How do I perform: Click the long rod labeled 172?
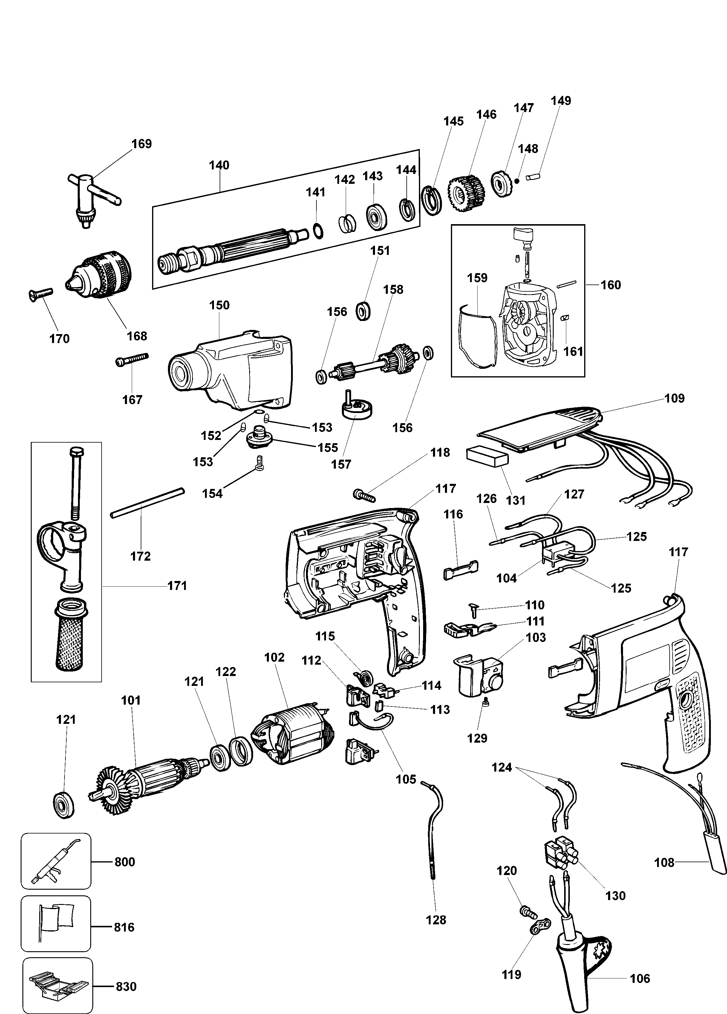(x=148, y=503)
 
